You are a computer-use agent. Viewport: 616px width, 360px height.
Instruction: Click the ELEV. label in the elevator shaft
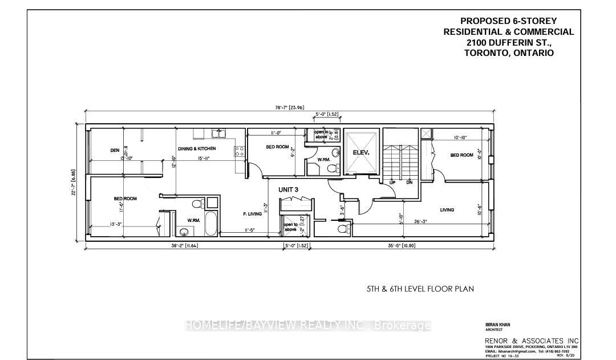362,152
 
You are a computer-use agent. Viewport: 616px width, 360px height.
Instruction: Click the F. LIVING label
252,214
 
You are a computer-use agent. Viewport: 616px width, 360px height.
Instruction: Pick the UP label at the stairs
392,183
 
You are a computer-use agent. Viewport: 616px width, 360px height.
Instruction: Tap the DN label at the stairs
410,183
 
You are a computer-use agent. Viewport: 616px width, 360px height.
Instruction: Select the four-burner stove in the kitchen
240,152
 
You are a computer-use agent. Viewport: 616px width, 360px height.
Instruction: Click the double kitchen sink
219,134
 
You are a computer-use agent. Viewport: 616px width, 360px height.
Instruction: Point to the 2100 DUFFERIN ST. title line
509,42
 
